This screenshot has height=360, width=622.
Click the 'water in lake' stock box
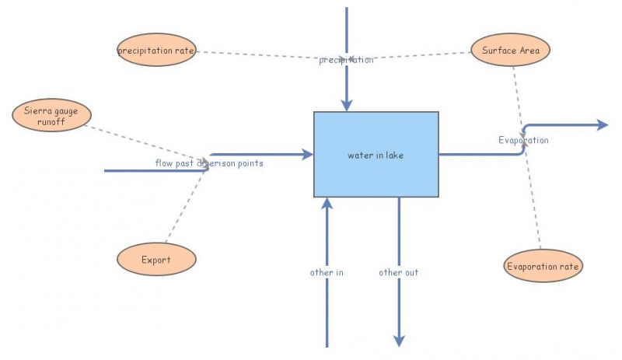tap(376, 154)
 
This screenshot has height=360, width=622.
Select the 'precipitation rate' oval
tap(156, 51)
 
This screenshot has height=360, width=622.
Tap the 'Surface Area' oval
tap(511, 51)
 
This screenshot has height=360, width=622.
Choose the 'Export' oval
tap(155, 260)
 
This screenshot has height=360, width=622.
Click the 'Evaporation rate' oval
tap(543, 266)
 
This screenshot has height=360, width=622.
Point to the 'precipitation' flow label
tap(346, 60)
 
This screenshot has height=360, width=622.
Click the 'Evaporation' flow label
tap(523, 141)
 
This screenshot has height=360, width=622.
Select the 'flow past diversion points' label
tap(208, 163)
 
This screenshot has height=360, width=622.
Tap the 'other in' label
tap(327, 273)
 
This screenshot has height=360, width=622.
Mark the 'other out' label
tap(399, 273)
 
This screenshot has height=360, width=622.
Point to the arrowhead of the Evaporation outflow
tap(602, 124)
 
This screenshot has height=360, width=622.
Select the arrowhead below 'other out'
tap(399, 341)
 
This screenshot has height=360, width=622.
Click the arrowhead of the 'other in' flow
tap(327, 204)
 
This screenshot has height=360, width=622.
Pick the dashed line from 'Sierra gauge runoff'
tap(148, 142)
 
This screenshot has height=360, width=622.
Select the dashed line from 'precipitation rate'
tap(257, 55)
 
